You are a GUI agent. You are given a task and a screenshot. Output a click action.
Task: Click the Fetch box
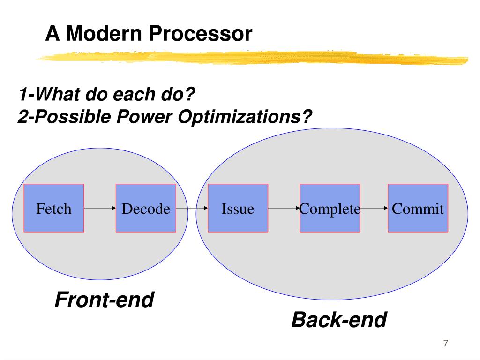tap(54, 208)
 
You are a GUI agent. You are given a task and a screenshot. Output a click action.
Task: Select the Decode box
tap(146, 208)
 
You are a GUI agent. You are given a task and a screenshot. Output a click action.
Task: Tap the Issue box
tap(238, 208)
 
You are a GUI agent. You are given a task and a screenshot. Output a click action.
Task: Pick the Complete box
tap(330, 208)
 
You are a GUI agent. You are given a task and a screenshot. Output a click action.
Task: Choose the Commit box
tap(418, 208)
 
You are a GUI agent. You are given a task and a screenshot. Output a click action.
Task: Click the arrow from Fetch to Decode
tap(100, 208)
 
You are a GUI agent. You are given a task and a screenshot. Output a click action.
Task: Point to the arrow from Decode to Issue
tap(192, 208)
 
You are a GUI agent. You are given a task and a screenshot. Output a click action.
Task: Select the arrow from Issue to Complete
tap(284, 208)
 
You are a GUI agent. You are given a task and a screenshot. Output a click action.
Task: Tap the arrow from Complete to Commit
tap(374, 208)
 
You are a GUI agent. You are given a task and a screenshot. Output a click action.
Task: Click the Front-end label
tap(105, 300)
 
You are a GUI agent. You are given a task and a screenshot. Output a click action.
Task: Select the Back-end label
tap(339, 320)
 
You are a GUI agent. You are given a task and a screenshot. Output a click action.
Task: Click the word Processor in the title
tap(201, 33)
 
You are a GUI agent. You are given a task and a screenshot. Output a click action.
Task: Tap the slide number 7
tap(446, 343)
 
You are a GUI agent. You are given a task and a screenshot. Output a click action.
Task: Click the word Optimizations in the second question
tap(245, 117)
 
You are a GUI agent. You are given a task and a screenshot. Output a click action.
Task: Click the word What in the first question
tap(58, 94)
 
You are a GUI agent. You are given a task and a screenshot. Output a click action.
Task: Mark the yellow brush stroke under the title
tap(252, 58)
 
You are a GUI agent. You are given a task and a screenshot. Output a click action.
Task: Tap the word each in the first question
tap(135, 94)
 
